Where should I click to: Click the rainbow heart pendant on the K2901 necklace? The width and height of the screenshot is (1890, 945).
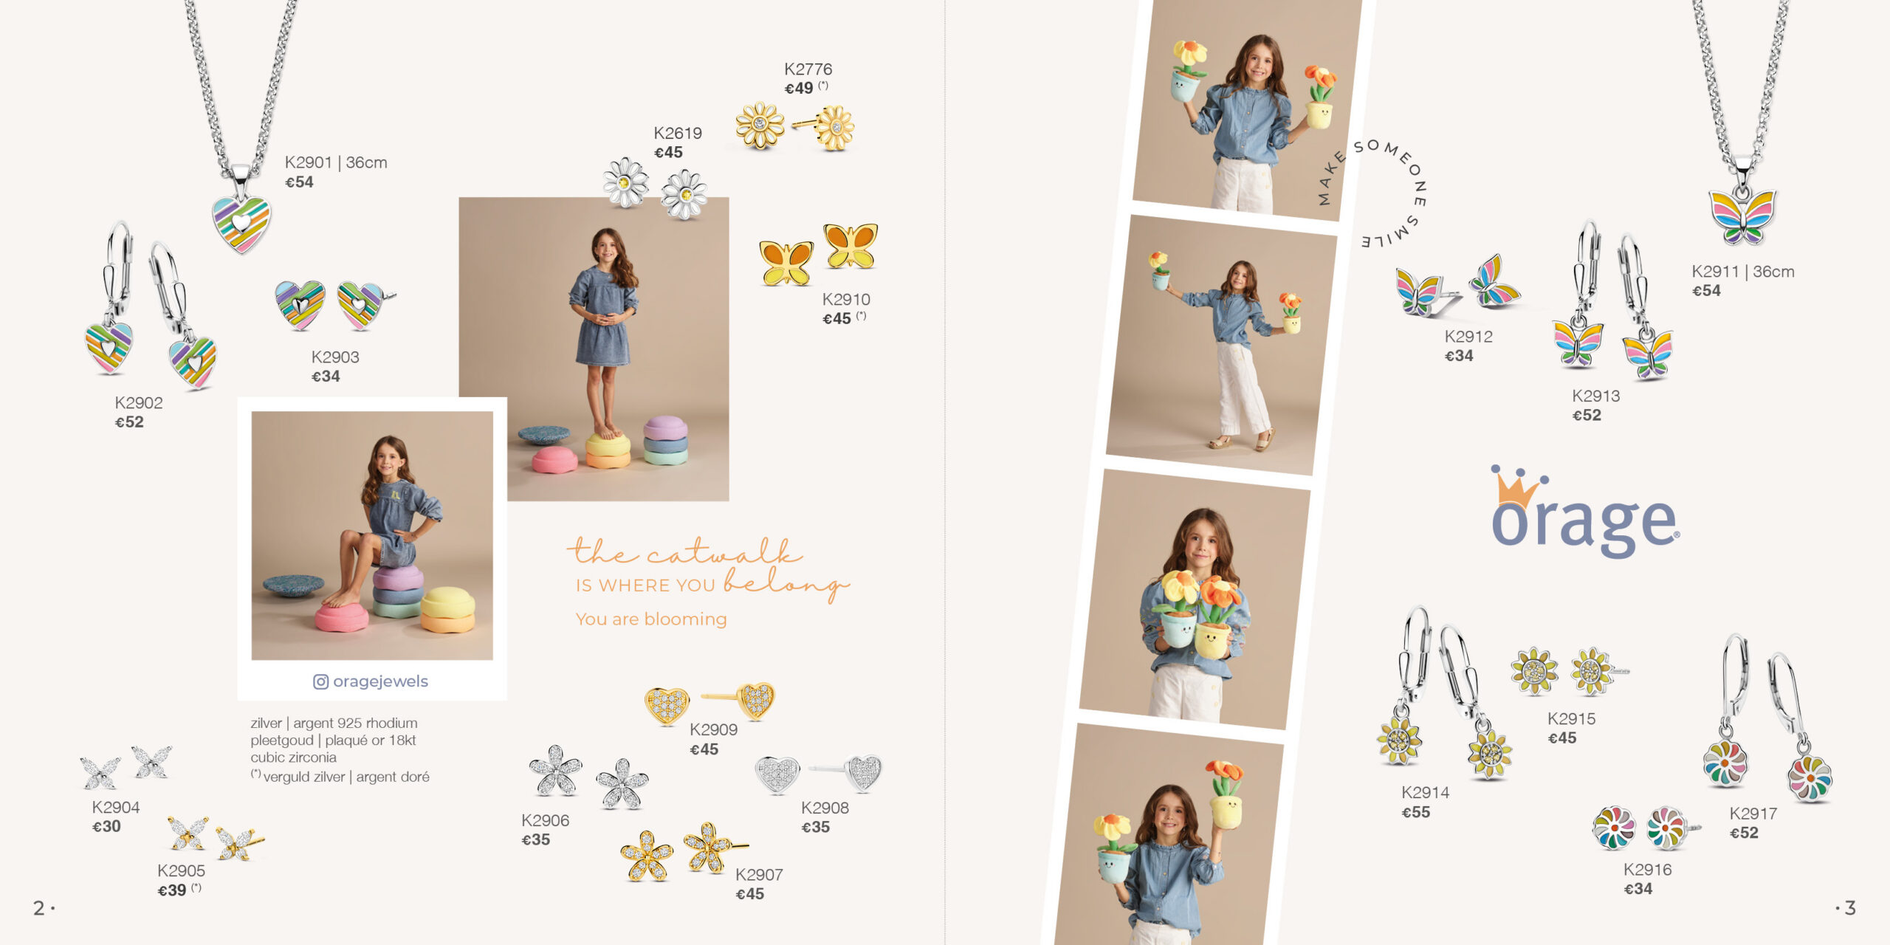point(241,223)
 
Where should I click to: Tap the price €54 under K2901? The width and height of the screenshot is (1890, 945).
point(300,182)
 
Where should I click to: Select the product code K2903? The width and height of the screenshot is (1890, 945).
point(335,357)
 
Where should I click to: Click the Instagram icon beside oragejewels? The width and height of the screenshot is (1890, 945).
point(320,681)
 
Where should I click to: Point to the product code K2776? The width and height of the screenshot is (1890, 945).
point(808,69)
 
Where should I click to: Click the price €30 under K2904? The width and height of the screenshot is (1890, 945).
point(106,826)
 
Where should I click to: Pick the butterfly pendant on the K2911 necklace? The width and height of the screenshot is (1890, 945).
point(1742,216)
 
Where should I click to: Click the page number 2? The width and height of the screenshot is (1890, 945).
point(39,907)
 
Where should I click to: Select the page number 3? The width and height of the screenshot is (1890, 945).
point(1850,907)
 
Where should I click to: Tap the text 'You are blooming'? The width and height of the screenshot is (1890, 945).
point(651,619)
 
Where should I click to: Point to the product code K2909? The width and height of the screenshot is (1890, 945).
point(713,729)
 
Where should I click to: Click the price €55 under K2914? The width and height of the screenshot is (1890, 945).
point(1416,812)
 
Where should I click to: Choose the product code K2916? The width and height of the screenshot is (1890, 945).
point(1647,870)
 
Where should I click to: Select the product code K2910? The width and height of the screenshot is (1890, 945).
point(846,299)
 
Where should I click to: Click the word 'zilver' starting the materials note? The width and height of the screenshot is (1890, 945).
point(266,723)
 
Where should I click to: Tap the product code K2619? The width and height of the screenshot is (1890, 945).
point(678,133)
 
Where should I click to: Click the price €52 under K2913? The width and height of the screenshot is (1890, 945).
point(1587,415)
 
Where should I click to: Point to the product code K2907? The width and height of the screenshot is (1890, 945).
point(759,874)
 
